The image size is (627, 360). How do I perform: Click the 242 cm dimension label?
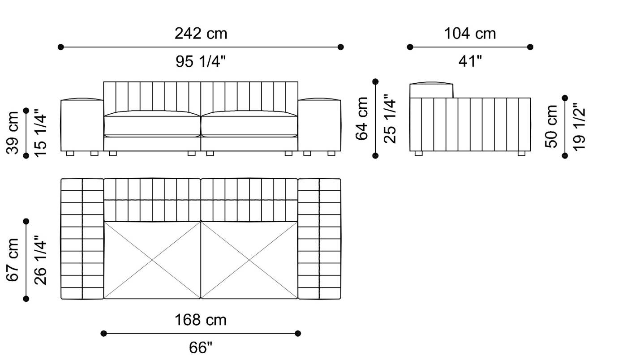tap(201, 33)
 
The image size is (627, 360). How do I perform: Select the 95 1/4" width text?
tap(201, 62)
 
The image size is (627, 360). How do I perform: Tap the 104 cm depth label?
tap(470, 33)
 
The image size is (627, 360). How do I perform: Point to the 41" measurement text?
tap(470, 62)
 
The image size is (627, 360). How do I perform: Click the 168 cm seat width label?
tap(201, 320)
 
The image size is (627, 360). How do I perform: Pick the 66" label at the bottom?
tap(201, 348)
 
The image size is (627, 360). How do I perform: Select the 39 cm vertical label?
tap(13, 133)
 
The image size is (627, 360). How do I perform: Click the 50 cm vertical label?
tap(552, 126)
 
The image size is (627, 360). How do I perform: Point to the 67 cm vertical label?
tap(13, 260)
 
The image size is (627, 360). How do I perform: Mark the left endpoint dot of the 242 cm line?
tap(61, 47)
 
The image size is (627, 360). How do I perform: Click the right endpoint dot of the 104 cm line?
tap(530, 47)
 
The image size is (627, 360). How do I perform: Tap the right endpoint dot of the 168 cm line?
tap(298, 333)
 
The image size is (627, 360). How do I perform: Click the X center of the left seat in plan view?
tap(152, 260)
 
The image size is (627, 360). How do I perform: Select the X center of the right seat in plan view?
tap(249, 260)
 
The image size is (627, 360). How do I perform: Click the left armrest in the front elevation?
tap(82, 125)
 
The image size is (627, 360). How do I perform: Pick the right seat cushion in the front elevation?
tap(249, 124)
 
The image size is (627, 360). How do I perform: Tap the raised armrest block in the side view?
tap(432, 90)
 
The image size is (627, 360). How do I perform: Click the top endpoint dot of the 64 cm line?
tap(375, 81)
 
